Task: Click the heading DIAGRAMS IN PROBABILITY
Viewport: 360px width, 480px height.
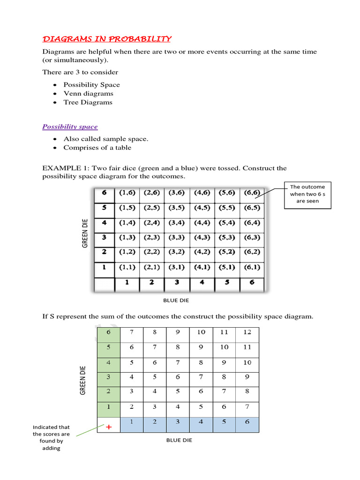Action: (107, 38)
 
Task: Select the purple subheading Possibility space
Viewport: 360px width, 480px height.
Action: (70, 127)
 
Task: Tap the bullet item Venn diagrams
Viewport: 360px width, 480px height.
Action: (88, 93)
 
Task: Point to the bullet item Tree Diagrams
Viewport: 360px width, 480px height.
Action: (88, 102)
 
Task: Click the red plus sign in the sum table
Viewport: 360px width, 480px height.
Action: (109, 427)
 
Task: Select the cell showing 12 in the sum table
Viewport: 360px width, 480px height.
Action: (247, 332)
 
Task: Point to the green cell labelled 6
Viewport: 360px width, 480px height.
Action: (109, 332)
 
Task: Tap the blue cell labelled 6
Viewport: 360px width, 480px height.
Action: (247, 421)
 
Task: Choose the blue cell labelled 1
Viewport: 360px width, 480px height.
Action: (132, 421)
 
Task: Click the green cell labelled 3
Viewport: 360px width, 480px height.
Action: (109, 376)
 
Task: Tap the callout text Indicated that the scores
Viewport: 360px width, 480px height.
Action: (51, 437)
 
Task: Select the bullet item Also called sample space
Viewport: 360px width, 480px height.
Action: (106, 139)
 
